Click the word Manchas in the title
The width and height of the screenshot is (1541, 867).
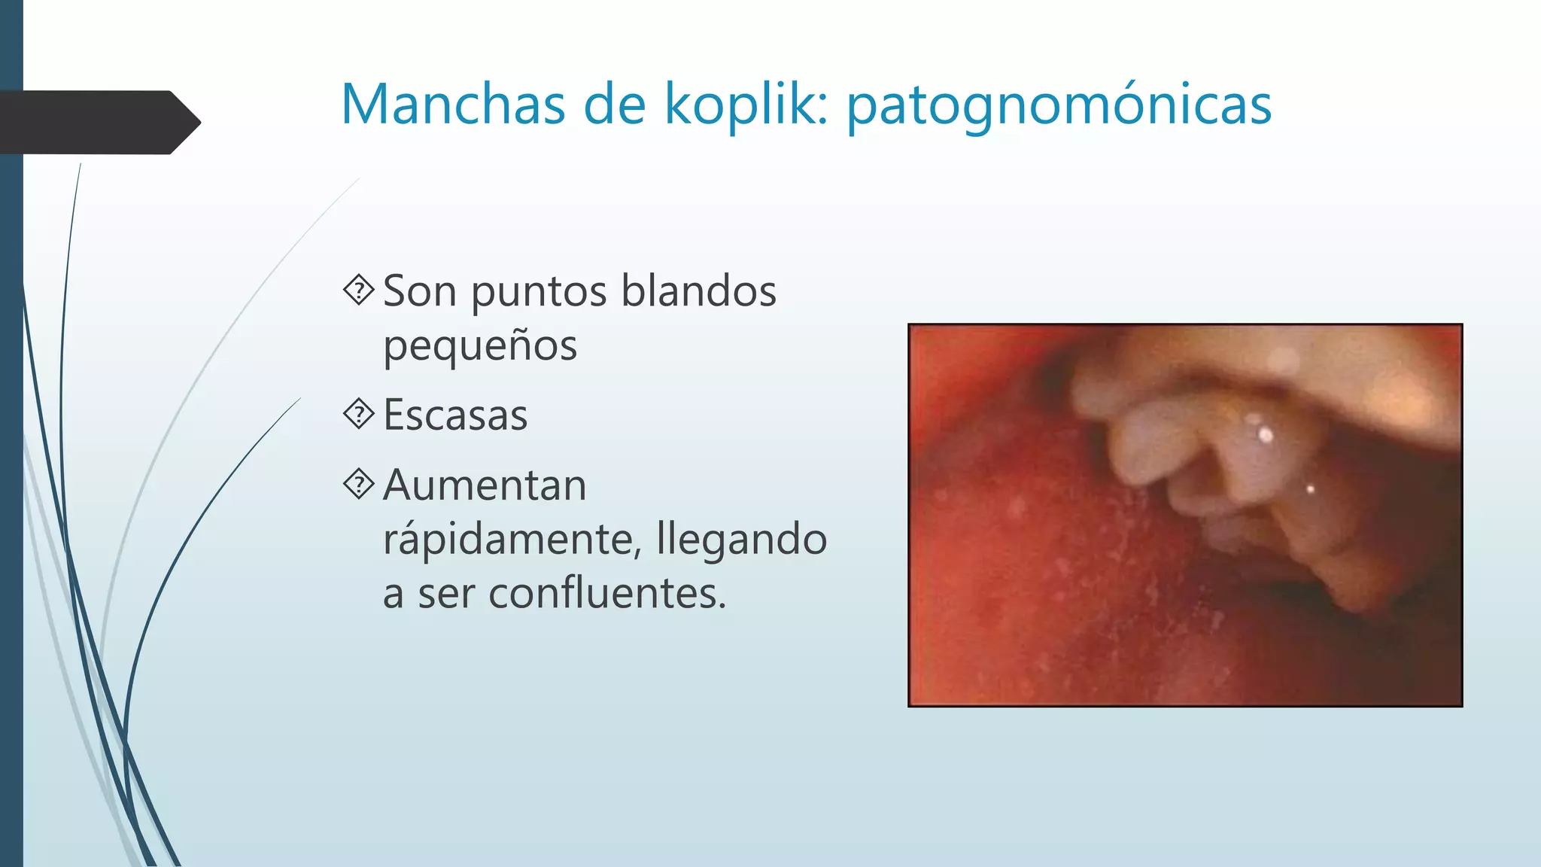pos(453,104)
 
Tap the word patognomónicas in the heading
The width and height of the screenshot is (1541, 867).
pos(1059,105)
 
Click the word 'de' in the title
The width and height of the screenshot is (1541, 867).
pos(615,104)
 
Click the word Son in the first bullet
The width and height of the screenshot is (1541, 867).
pos(419,291)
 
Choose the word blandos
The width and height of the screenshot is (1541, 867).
pos(699,291)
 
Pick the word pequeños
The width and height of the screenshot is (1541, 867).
pos(480,346)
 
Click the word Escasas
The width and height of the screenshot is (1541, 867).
pos(455,415)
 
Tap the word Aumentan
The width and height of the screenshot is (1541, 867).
pos(485,485)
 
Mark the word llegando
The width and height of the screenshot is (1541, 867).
pos(741,540)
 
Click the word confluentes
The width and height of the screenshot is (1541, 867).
pos(607,593)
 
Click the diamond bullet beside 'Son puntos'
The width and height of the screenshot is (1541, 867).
pos(359,290)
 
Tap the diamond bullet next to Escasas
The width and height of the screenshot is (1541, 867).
pos(359,414)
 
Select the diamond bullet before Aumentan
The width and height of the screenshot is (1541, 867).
pos(359,484)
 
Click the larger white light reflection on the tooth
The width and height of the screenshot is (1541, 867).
pos(1266,434)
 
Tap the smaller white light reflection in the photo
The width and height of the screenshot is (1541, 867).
pos(1310,489)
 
